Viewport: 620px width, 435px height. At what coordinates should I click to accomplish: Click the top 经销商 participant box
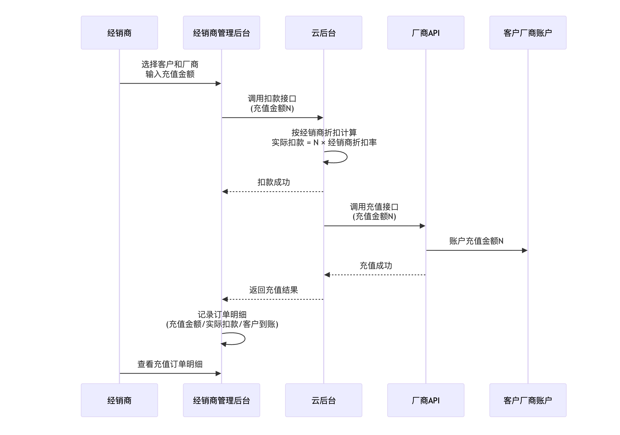[119, 33]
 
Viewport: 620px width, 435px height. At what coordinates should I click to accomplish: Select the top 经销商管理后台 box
[221, 33]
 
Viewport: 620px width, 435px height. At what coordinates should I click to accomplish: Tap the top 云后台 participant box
[323, 33]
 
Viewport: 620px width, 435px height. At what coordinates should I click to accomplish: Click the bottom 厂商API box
[426, 400]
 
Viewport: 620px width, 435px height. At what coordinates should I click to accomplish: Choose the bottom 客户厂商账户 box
[528, 400]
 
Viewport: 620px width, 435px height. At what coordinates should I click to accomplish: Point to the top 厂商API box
[426, 33]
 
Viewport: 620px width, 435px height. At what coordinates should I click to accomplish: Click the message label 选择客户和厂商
[170, 65]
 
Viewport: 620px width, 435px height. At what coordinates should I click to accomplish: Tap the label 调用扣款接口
[272, 99]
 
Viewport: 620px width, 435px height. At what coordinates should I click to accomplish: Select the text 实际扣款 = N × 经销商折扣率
[324, 142]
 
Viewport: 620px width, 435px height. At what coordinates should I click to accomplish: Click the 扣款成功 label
[274, 182]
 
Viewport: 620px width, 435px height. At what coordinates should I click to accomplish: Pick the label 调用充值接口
[374, 207]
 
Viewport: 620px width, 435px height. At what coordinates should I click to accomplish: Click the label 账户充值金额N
[476, 241]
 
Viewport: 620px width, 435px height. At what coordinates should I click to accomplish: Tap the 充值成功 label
[376, 266]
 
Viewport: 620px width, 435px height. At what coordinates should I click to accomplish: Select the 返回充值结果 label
[274, 290]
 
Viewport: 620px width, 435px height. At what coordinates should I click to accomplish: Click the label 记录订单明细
[222, 315]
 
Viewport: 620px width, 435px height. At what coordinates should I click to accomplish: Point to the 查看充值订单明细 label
[170, 364]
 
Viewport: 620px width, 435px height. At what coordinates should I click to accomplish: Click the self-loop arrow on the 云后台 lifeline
[346, 157]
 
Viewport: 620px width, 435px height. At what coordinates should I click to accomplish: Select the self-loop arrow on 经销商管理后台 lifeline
[244, 339]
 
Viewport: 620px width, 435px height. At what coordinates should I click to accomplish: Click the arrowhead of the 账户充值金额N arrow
[525, 250]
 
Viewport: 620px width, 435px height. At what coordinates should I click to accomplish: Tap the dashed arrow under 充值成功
[375, 275]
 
